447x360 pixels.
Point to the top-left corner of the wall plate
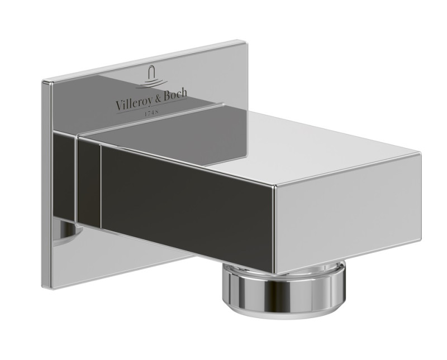pyautogui.click(x=43, y=81)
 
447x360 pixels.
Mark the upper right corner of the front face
pyautogui.click(x=421, y=152)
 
